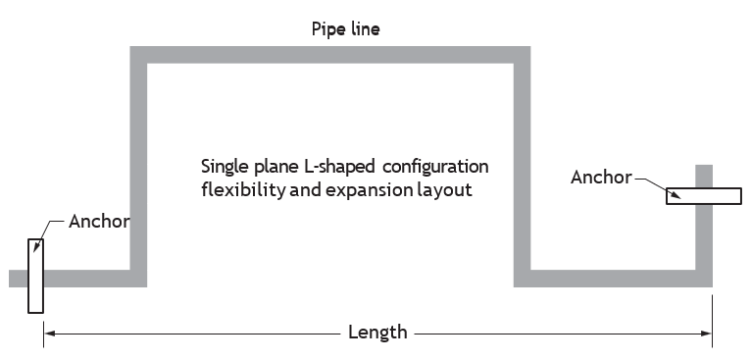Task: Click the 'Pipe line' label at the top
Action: click(345, 29)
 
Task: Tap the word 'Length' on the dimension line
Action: click(377, 333)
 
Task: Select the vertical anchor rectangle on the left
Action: click(35, 276)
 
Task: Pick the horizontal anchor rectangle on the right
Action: click(704, 196)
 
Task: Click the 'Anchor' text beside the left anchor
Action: click(99, 222)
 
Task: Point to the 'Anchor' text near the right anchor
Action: click(601, 178)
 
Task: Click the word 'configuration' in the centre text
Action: click(435, 167)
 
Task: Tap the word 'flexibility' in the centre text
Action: click(243, 190)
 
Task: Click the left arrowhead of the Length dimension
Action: click(49, 334)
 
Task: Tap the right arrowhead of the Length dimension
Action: click(707, 334)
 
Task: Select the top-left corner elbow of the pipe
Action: click(138, 55)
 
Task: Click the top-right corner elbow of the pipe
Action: click(522, 55)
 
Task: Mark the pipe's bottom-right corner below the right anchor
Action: click(704, 279)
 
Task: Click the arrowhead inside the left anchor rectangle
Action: click(36, 247)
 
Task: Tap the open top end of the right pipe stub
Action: click(704, 166)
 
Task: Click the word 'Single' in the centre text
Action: click(224, 167)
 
